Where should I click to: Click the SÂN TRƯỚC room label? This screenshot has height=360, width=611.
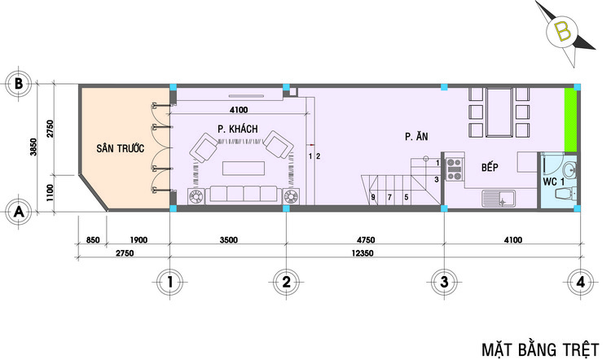[121, 148]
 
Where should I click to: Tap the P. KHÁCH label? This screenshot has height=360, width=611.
[238, 129]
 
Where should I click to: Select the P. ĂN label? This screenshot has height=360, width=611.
[416, 136]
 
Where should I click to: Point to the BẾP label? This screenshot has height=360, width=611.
[490, 167]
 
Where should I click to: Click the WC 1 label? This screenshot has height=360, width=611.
[554, 182]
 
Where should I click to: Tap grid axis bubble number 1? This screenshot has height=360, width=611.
[169, 281]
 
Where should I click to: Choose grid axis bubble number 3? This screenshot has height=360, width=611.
[444, 281]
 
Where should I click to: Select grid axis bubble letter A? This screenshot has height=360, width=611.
[18, 213]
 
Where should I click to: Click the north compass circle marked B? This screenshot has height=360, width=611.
[562, 33]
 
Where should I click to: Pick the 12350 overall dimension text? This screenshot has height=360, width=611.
[363, 253]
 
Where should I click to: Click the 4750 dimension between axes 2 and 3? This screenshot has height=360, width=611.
[366, 240]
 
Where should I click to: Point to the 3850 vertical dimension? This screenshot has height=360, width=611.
[34, 147]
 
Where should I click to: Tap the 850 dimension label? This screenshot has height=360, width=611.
[93, 240]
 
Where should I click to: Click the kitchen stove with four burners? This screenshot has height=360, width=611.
[454, 169]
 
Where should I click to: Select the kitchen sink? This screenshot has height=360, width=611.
[499, 198]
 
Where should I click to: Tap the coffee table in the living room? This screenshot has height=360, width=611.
[244, 169]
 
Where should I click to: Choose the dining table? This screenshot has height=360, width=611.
[499, 112]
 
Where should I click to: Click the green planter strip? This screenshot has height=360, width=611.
[570, 120]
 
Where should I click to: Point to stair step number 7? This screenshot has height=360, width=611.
[389, 198]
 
